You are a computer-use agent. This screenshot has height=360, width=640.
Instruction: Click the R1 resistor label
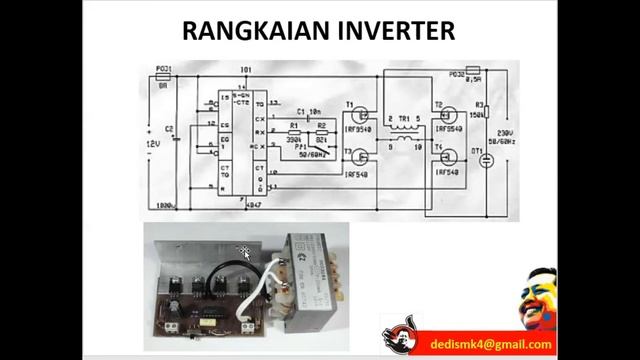[x=293, y=126]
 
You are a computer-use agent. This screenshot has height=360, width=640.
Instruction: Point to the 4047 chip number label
[x=251, y=203]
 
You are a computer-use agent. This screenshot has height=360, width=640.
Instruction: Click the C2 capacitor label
[x=169, y=129]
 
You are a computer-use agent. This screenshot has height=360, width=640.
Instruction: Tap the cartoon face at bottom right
[x=539, y=300]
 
